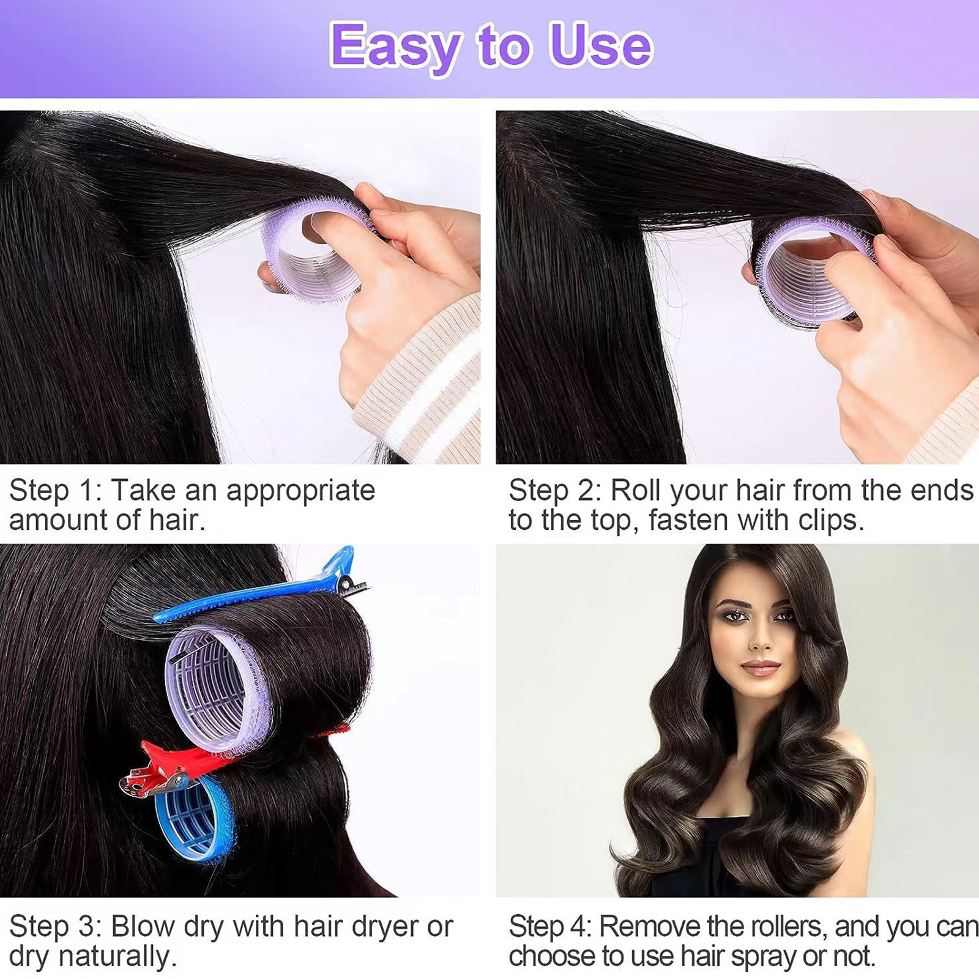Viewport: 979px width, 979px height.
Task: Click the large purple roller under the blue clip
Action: pyautogui.click(x=217, y=688)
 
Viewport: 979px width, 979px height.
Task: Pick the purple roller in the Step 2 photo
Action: pyautogui.click(x=808, y=269)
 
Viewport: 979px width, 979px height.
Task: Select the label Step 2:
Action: pyautogui.click(x=556, y=490)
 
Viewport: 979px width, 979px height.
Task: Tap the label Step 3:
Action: pyautogui.click(x=56, y=926)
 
